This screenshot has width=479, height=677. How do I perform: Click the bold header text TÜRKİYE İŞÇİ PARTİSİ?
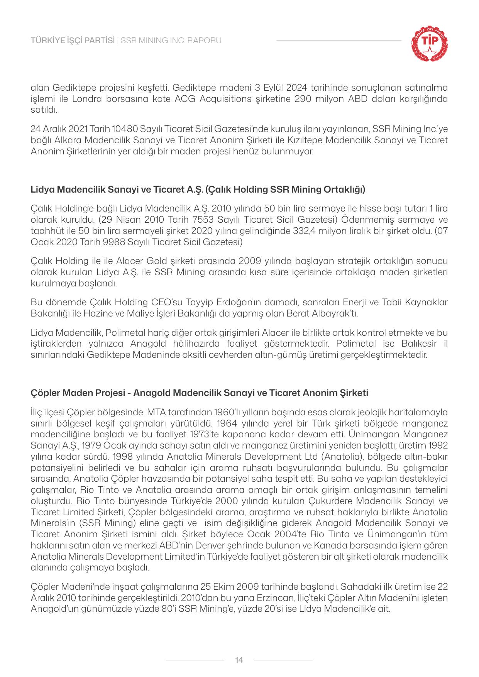point(73,40)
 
